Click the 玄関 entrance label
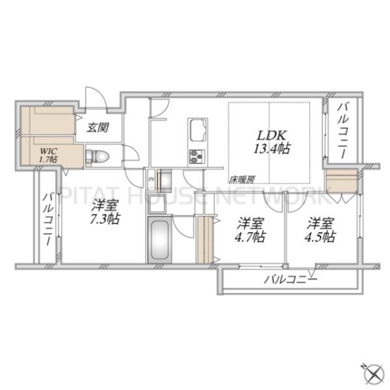pyautogui.click(x=97, y=127)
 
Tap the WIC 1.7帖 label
pyautogui.click(x=48, y=155)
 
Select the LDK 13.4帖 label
pyautogui.click(x=272, y=142)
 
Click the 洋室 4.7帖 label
pyautogui.click(x=250, y=230)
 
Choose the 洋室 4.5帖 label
pyautogui.click(x=320, y=230)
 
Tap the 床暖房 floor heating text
pyautogui.click(x=242, y=179)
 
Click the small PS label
pyautogui.click(x=151, y=179)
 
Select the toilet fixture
pyautogui.click(x=97, y=157)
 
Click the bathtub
pyautogui.click(x=160, y=240)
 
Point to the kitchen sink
pyautogui.click(x=198, y=132)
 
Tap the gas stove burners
pyautogui.click(x=197, y=157)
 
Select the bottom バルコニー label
pyautogui.click(x=291, y=279)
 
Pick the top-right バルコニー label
pyautogui.click(x=343, y=131)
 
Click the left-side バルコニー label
pyautogui.click(x=47, y=219)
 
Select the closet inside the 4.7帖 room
pyautogui.click(x=205, y=240)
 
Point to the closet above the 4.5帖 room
pyautogui.click(x=342, y=181)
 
